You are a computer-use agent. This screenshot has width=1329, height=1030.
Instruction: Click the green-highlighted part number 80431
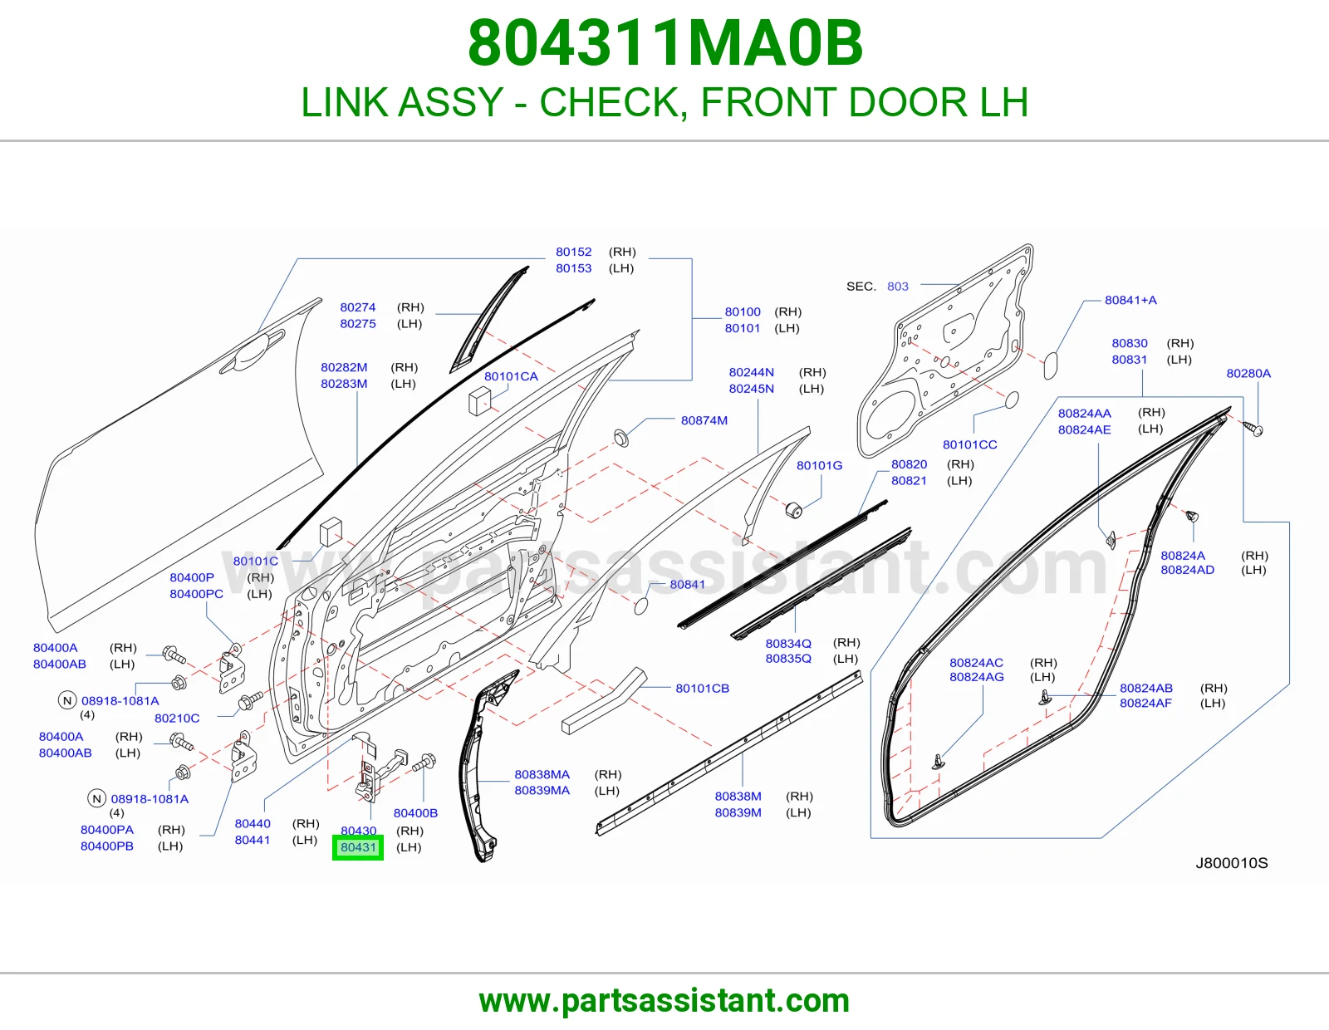358,847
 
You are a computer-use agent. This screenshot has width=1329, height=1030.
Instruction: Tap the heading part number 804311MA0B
664,43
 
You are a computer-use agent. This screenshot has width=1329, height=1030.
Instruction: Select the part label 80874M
704,420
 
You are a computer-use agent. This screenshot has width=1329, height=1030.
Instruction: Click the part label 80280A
1248,373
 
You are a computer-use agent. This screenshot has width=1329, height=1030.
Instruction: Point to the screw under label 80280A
1253,428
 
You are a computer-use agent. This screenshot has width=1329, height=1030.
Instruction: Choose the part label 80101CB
702,688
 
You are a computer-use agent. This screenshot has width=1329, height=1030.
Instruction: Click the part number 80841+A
1130,300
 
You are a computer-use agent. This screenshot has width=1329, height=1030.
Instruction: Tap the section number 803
897,287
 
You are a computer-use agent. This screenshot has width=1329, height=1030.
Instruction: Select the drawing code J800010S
1232,863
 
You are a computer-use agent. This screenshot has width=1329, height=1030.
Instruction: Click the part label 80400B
415,813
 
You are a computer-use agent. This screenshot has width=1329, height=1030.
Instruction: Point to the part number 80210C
177,718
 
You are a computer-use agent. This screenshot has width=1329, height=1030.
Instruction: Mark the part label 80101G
819,465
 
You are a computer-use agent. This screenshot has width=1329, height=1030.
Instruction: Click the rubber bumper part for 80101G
793,509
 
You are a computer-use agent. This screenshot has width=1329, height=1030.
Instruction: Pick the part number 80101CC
969,444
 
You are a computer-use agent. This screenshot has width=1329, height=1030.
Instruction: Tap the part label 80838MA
542,774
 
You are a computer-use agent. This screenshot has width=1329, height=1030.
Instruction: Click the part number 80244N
751,372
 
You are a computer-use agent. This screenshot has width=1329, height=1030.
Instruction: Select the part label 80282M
344,367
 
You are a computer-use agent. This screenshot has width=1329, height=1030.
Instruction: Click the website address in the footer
664,1001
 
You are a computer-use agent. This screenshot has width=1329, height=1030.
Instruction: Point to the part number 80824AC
976,662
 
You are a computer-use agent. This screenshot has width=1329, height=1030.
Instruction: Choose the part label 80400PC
196,593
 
